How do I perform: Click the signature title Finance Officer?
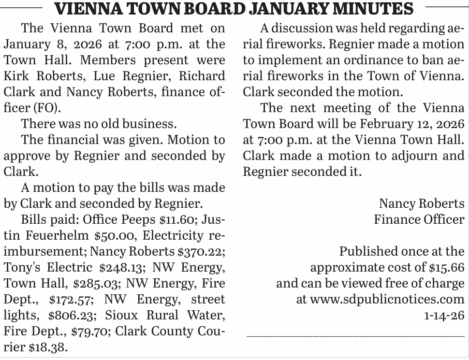[419, 219]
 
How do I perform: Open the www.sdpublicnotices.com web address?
[387, 299]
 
